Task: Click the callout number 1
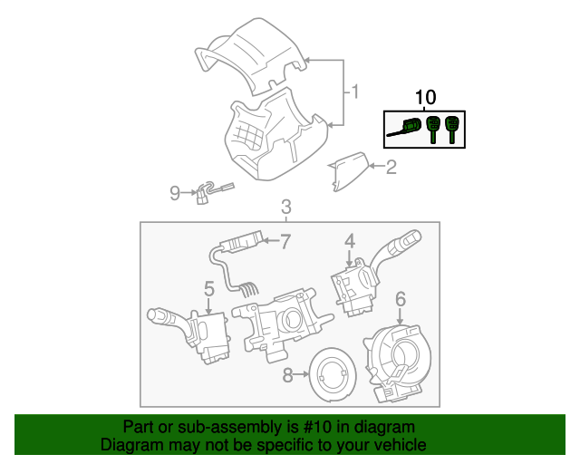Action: [355, 92]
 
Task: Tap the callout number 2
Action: [391, 167]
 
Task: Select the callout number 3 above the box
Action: [285, 207]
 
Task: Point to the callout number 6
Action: [400, 298]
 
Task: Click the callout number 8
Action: [288, 374]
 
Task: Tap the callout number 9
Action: [176, 191]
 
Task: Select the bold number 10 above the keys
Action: [425, 97]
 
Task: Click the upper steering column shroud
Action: [254, 54]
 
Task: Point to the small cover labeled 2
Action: [349, 171]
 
